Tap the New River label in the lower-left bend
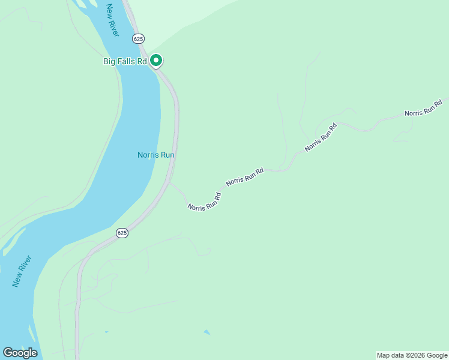(x=22, y=271)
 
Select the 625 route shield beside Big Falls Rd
(x=139, y=38)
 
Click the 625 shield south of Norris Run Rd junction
(x=122, y=233)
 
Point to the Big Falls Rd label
(x=125, y=61)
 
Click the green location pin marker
(x=156, y=60)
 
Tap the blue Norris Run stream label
(x=155, y=155)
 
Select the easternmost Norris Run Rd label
(x=423, y=109)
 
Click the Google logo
(x=20, y=353)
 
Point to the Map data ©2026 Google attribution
(x=412, y=355)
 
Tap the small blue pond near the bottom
(x=207, y=332)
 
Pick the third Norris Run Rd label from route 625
(x=321, y=137)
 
